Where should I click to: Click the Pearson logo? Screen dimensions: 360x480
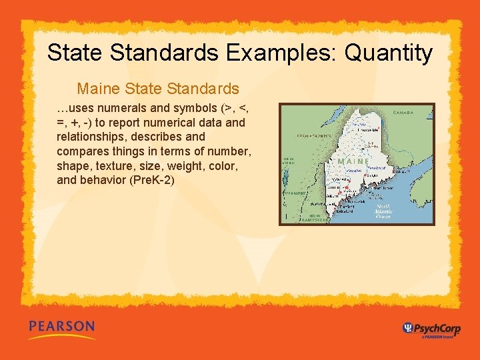click(61, 327)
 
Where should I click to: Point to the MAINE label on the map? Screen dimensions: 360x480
click(353, 161)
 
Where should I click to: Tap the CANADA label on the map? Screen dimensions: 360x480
click(403, 113)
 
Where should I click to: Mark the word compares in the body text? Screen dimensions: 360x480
click(81, 151)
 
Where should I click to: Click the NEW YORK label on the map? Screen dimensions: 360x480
click(287, 161)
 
